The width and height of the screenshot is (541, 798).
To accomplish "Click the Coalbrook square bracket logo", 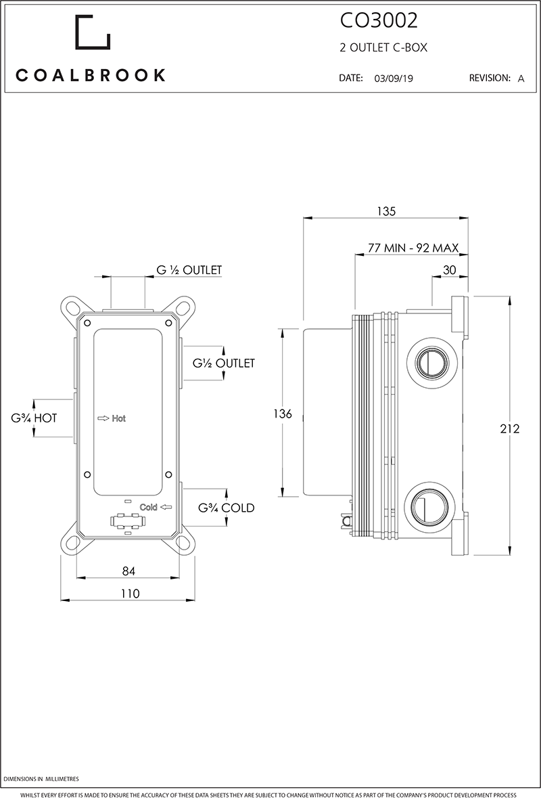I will pyautogui.click(x=92, y=32).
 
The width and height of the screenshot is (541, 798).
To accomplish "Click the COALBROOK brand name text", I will pyautogui.click(x=91, y=75).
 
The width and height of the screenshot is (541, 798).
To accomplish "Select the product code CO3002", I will pyautogui.click(x=378, y=22).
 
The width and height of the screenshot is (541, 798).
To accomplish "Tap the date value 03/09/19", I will pyautogui.click(x=393, y=79).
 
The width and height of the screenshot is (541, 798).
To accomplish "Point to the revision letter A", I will pyautogui.click(x=521, y=79).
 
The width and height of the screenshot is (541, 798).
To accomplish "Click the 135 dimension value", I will pyautogui.click(x=385, y=211).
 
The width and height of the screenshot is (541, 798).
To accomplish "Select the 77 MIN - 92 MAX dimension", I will pyautogui.click(x=413, y=248).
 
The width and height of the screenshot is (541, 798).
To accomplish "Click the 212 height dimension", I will pyautogui.click(x=510, y=428).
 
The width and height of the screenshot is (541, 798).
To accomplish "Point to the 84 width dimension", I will pyautogui.click(x=128, y=571).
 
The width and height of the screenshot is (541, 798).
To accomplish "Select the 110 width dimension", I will pyautogui.click(x=129, y=594).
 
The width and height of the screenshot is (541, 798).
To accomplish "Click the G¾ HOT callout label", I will pyautogui.click(x=34, y=418).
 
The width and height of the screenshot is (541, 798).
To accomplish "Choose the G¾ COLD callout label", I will pyautogui.click(x=226, y=508).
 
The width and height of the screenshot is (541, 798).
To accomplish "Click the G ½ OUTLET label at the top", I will pyautogui.click(x=189, y=270).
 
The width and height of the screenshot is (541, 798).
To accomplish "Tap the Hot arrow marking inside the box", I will pyautogui.click(x=112, y=418).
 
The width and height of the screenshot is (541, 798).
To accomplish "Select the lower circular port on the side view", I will pyautogui.click(x=429, y=506).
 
